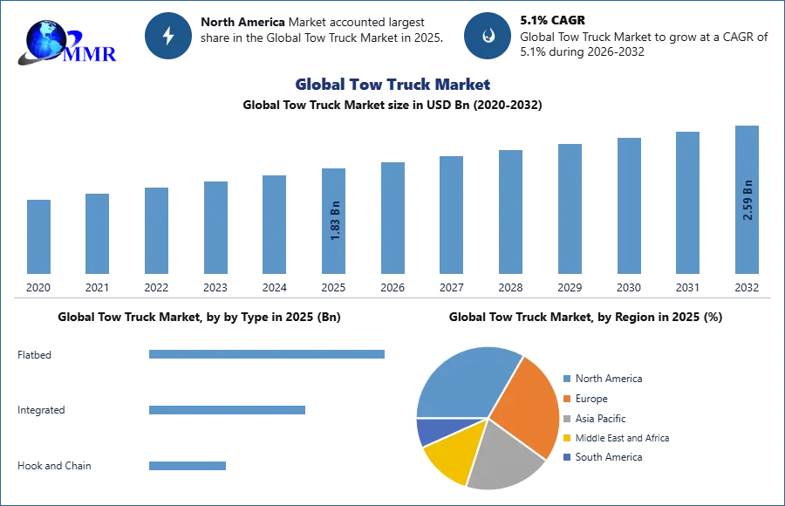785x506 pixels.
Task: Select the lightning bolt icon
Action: pos(169,36)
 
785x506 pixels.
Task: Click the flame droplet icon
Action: pos(488,36)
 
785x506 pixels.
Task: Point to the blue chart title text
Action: pos(393,85)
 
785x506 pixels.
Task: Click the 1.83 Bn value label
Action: pos(335,222)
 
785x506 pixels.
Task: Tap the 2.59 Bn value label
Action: pos(747,200)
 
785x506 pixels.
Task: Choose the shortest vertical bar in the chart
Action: pos(38,236)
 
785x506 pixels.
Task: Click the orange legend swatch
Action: pos(565,398)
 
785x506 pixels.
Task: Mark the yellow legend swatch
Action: pos(565,438)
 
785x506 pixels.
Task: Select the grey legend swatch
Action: pos(565,418)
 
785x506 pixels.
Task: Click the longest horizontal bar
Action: pos(268,355)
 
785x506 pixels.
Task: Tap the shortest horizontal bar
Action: pos(188,467)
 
